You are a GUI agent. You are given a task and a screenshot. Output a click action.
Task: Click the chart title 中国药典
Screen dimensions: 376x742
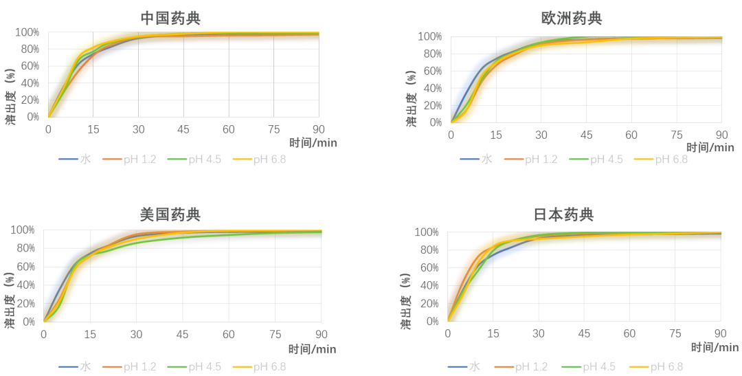170,17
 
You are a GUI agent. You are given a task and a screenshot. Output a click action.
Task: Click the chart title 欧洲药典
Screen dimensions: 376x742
572,18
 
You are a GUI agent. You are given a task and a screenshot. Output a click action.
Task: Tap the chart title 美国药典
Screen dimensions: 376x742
170,214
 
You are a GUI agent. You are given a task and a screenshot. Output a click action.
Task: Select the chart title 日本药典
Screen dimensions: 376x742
563,214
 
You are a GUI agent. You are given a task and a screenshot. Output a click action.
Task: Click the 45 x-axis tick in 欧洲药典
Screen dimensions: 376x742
585,135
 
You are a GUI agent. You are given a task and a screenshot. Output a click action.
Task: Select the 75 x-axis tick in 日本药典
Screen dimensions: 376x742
675,333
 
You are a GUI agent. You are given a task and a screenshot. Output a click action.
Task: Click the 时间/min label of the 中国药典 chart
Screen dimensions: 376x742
313,143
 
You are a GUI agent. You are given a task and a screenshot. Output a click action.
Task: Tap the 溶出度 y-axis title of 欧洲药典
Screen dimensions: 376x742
410,96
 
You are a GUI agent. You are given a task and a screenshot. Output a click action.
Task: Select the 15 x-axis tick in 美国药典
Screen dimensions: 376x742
90,334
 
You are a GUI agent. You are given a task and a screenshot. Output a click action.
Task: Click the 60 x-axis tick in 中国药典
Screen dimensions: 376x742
228,129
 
